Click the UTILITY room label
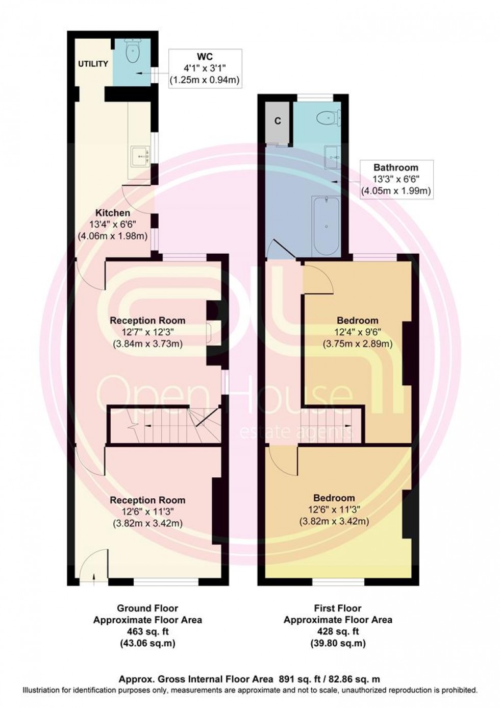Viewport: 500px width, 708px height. click(x=92, y=64)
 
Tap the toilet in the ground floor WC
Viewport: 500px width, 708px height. click(x=132, y=52)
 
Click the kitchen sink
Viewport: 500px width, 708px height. click(x=139, y=157)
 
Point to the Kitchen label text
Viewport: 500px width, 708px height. click(x=112, y=212)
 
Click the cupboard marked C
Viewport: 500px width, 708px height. click(x=278, y=121)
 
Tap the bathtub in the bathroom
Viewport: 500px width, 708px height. click(x=327, y=226)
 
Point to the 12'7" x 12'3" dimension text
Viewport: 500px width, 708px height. click(x=147, y=332)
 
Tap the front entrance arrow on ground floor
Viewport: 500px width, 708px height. click(x=95, y=577)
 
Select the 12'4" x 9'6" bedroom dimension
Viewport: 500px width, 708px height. click(x=357, y=332)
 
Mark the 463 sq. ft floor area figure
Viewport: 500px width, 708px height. click(x=147, y=631)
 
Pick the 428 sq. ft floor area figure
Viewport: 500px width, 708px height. click(x=338, y=631)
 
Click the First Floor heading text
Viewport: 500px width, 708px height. click(x=338, y=608)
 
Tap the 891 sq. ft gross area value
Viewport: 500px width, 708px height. click(x=298, y=679)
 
